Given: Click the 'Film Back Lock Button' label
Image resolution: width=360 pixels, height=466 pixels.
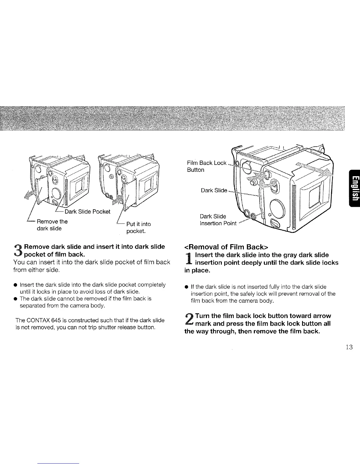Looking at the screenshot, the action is pyautogui.click(x=206, y=166).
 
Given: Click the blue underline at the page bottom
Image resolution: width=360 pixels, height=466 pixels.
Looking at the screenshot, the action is pyautogui.click(x=59, y=464).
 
